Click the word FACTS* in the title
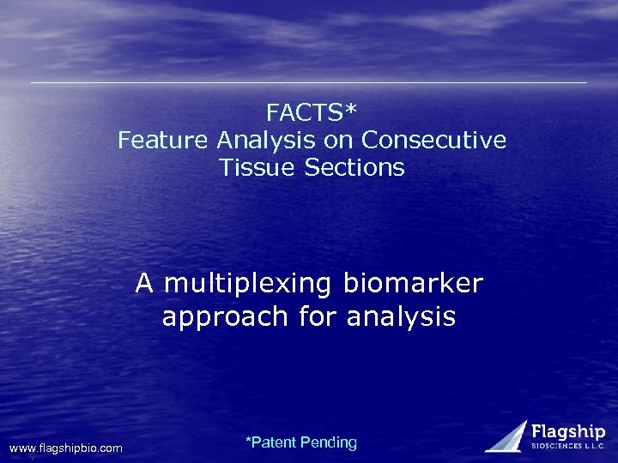(312, 112)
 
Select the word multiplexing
(250, 284)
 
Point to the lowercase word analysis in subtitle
(401, 317)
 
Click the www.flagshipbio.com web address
(66, 448)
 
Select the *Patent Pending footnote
(300, 442)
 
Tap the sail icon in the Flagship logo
(508, 436)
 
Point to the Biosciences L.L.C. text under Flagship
(568, 447)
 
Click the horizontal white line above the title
(309, 83)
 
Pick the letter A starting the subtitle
(145, 283)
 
